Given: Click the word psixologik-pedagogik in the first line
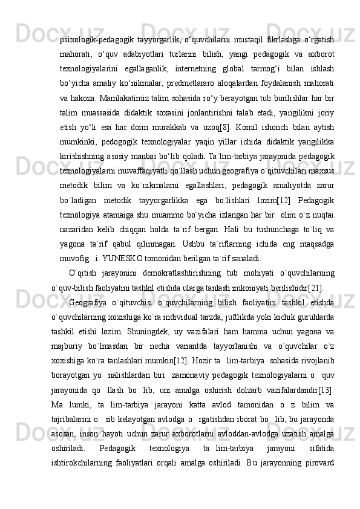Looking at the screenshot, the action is pyautogui.click(x=97, y=39).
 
